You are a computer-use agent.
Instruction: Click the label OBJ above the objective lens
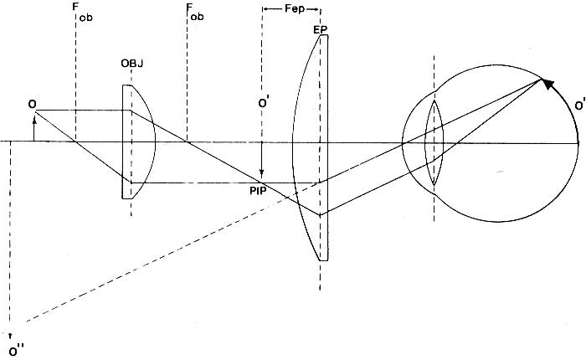click(131, 64)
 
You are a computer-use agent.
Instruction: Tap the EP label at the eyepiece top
click(319, 29)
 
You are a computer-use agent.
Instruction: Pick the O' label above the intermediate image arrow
click(263, 106)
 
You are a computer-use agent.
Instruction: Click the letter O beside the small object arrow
click(31, 104)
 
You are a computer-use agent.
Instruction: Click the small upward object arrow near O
click(33, 130)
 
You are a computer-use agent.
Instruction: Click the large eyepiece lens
click(311, 147)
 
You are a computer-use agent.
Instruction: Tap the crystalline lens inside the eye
click(434, 142)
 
